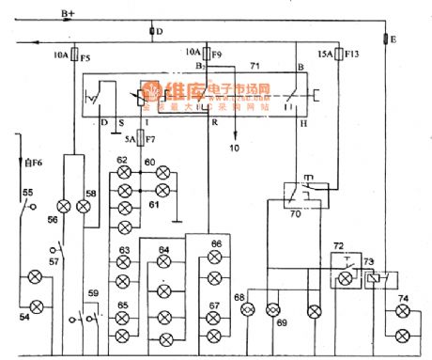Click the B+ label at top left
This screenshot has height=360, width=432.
click(69, 13)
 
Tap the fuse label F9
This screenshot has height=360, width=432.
click(215, 54)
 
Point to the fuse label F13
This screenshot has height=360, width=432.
click(352, 54)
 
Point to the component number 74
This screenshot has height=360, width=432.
click(403, 298)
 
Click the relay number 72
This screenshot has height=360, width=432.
click(338, 246)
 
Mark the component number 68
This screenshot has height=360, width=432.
click(240, 298)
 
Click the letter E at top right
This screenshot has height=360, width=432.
click(393, 39)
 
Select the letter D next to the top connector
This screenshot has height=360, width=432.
click(159, 32)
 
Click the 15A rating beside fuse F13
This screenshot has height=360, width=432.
click(325, 54)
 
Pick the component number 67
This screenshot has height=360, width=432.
click(215, 305)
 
